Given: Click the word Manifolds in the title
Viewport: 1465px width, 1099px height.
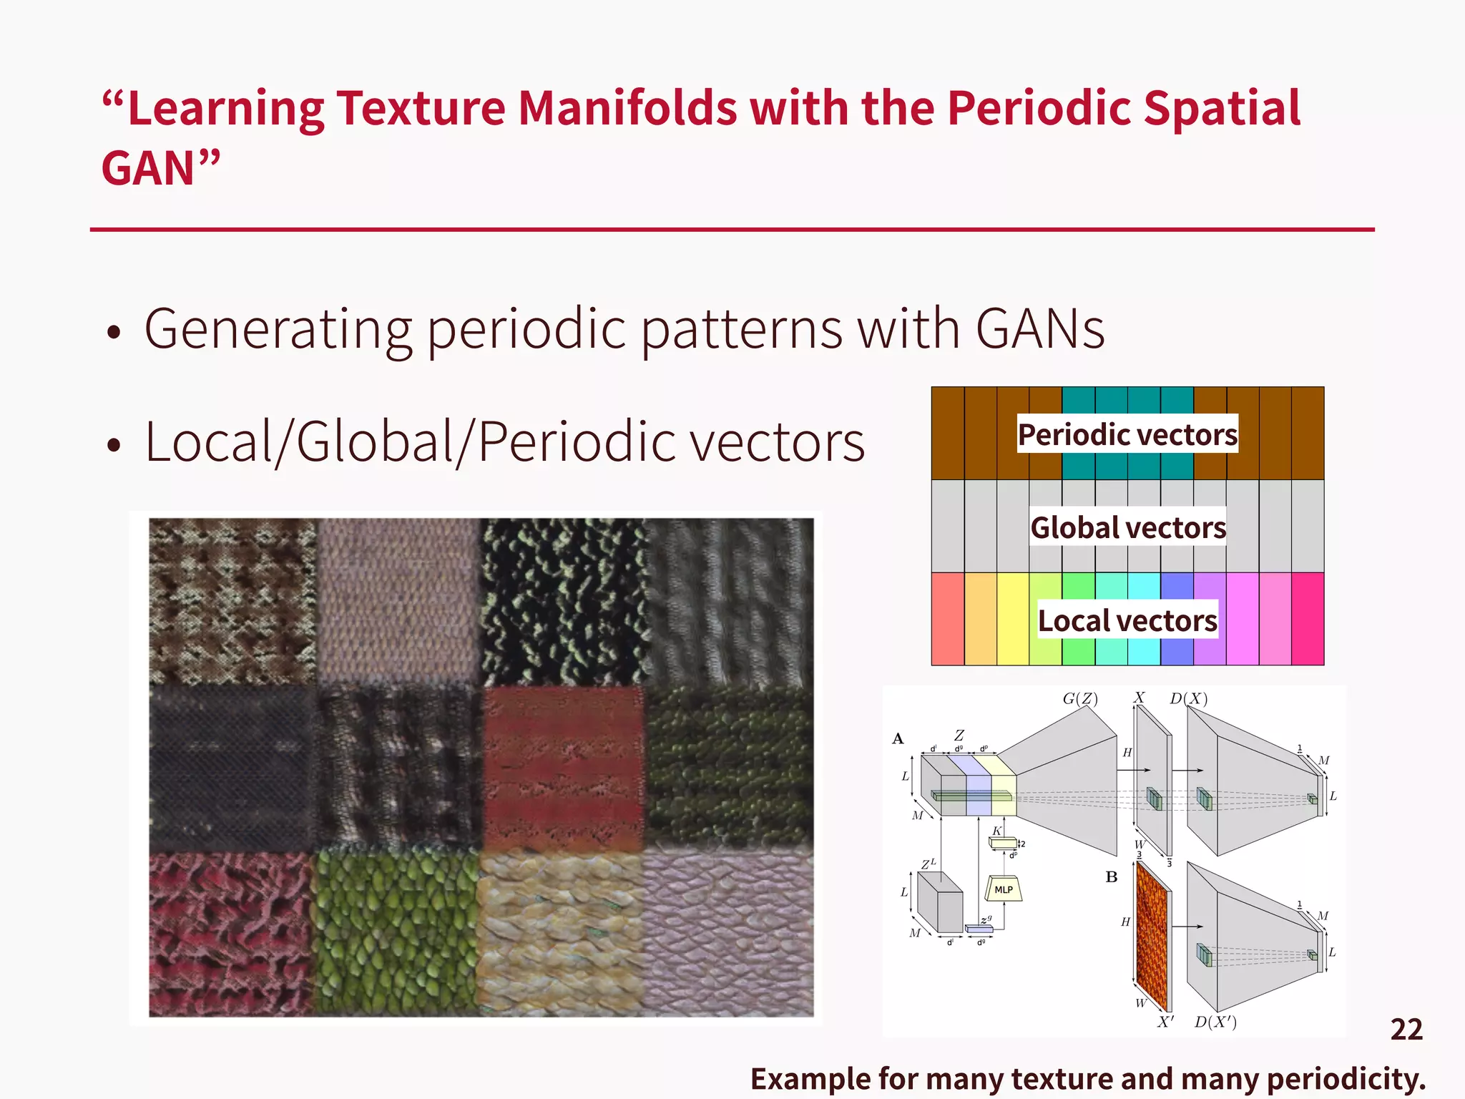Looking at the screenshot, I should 627,109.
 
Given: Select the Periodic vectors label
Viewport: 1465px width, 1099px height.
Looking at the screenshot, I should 1127,434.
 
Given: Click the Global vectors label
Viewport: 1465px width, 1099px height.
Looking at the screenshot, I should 1127,527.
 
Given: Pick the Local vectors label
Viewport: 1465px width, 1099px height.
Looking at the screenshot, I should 1127,620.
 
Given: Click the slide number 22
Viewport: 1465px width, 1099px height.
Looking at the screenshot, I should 1406,1030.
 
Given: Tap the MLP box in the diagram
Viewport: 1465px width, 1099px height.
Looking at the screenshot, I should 1004,889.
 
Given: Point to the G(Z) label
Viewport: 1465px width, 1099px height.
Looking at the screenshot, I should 1079,698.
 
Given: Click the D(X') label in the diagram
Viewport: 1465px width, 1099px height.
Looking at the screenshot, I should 1215,1022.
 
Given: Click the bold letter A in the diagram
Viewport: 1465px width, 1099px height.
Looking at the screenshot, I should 898,739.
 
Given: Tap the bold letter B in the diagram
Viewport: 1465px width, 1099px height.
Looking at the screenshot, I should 1111,877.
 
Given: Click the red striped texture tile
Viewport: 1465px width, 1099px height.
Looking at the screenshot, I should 564,769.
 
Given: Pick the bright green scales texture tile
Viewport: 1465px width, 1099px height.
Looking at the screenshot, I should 396,934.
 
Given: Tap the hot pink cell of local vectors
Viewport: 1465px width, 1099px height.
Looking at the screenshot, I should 1308,619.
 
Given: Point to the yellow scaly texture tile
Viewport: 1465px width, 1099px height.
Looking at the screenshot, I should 562,934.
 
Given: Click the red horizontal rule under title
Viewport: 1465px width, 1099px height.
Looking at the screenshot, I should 732,230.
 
